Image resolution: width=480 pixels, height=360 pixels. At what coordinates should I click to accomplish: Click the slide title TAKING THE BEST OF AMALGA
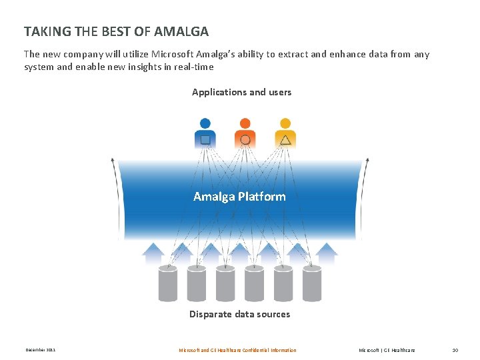[116, 31]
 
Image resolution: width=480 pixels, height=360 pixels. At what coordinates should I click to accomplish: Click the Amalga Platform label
[239, 197]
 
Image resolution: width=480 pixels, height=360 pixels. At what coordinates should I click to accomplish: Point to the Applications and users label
[241, 92]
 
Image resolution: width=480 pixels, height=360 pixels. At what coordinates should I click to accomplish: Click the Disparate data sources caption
[239, 314]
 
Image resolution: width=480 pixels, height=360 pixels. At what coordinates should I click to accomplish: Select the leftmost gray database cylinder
[168, 283]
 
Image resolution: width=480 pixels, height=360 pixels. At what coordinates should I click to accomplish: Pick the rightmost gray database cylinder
[312, 283]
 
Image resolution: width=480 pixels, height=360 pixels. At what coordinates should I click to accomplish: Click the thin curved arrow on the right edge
[366, 200]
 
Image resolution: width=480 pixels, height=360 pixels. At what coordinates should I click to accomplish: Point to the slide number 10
[455, 350]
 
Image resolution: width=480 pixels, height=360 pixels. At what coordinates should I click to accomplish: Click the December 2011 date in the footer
[40, 350]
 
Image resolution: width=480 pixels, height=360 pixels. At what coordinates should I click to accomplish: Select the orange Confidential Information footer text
[237, 350]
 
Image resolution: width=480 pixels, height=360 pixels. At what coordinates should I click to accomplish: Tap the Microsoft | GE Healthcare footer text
[387, 350]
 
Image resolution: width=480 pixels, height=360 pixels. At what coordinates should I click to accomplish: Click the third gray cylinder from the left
[225, 283]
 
